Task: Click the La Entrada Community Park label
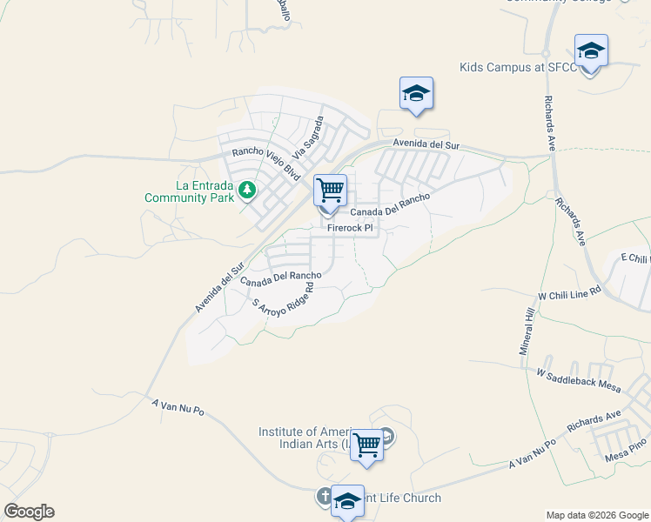(190, 191)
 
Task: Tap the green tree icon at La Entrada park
(247, 189)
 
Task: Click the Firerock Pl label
(350, 228)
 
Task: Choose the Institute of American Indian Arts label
(305, 438)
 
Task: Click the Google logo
(29, 512)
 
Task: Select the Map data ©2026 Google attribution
(597, 515)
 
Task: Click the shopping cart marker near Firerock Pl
(331, 191)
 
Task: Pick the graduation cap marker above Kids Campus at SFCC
(591, 51)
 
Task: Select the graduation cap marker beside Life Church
(347, 501)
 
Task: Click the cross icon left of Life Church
(323, 497)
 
